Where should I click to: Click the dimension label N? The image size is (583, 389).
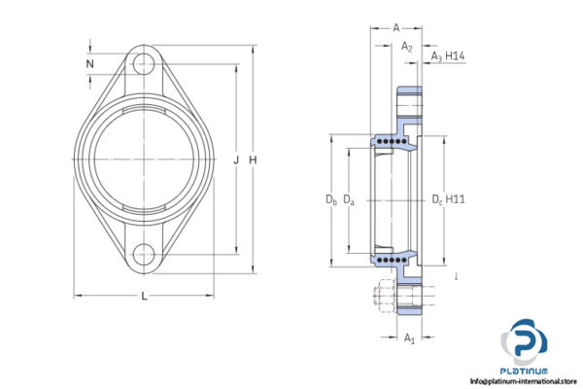click(89, 65)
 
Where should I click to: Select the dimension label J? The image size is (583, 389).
click(236, 159)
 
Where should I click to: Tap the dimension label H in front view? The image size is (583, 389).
click(254, 159)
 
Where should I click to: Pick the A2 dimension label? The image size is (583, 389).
click(407, 46)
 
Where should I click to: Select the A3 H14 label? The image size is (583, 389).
click(448, 58)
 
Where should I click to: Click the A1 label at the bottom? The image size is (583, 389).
click(409, 339)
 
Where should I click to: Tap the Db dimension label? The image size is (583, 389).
click(330, 200)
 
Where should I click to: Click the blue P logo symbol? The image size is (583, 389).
click(526, 341)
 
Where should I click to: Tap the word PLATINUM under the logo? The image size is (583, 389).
click(526, 371)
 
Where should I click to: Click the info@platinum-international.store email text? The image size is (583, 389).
click(526, 381)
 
